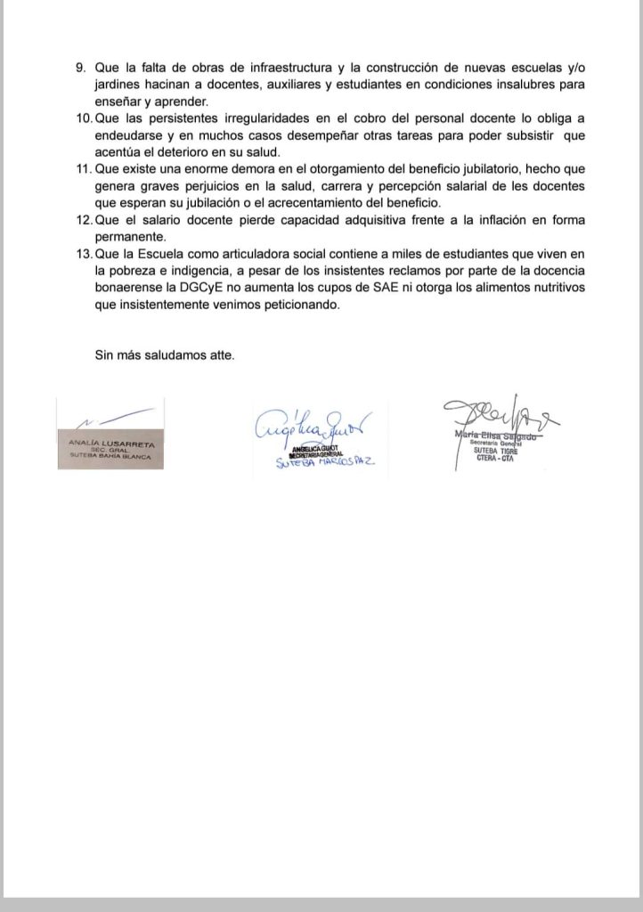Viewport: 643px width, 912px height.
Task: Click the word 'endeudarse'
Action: click(129, 136)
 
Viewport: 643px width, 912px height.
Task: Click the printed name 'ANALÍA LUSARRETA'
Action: click(109, 442)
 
